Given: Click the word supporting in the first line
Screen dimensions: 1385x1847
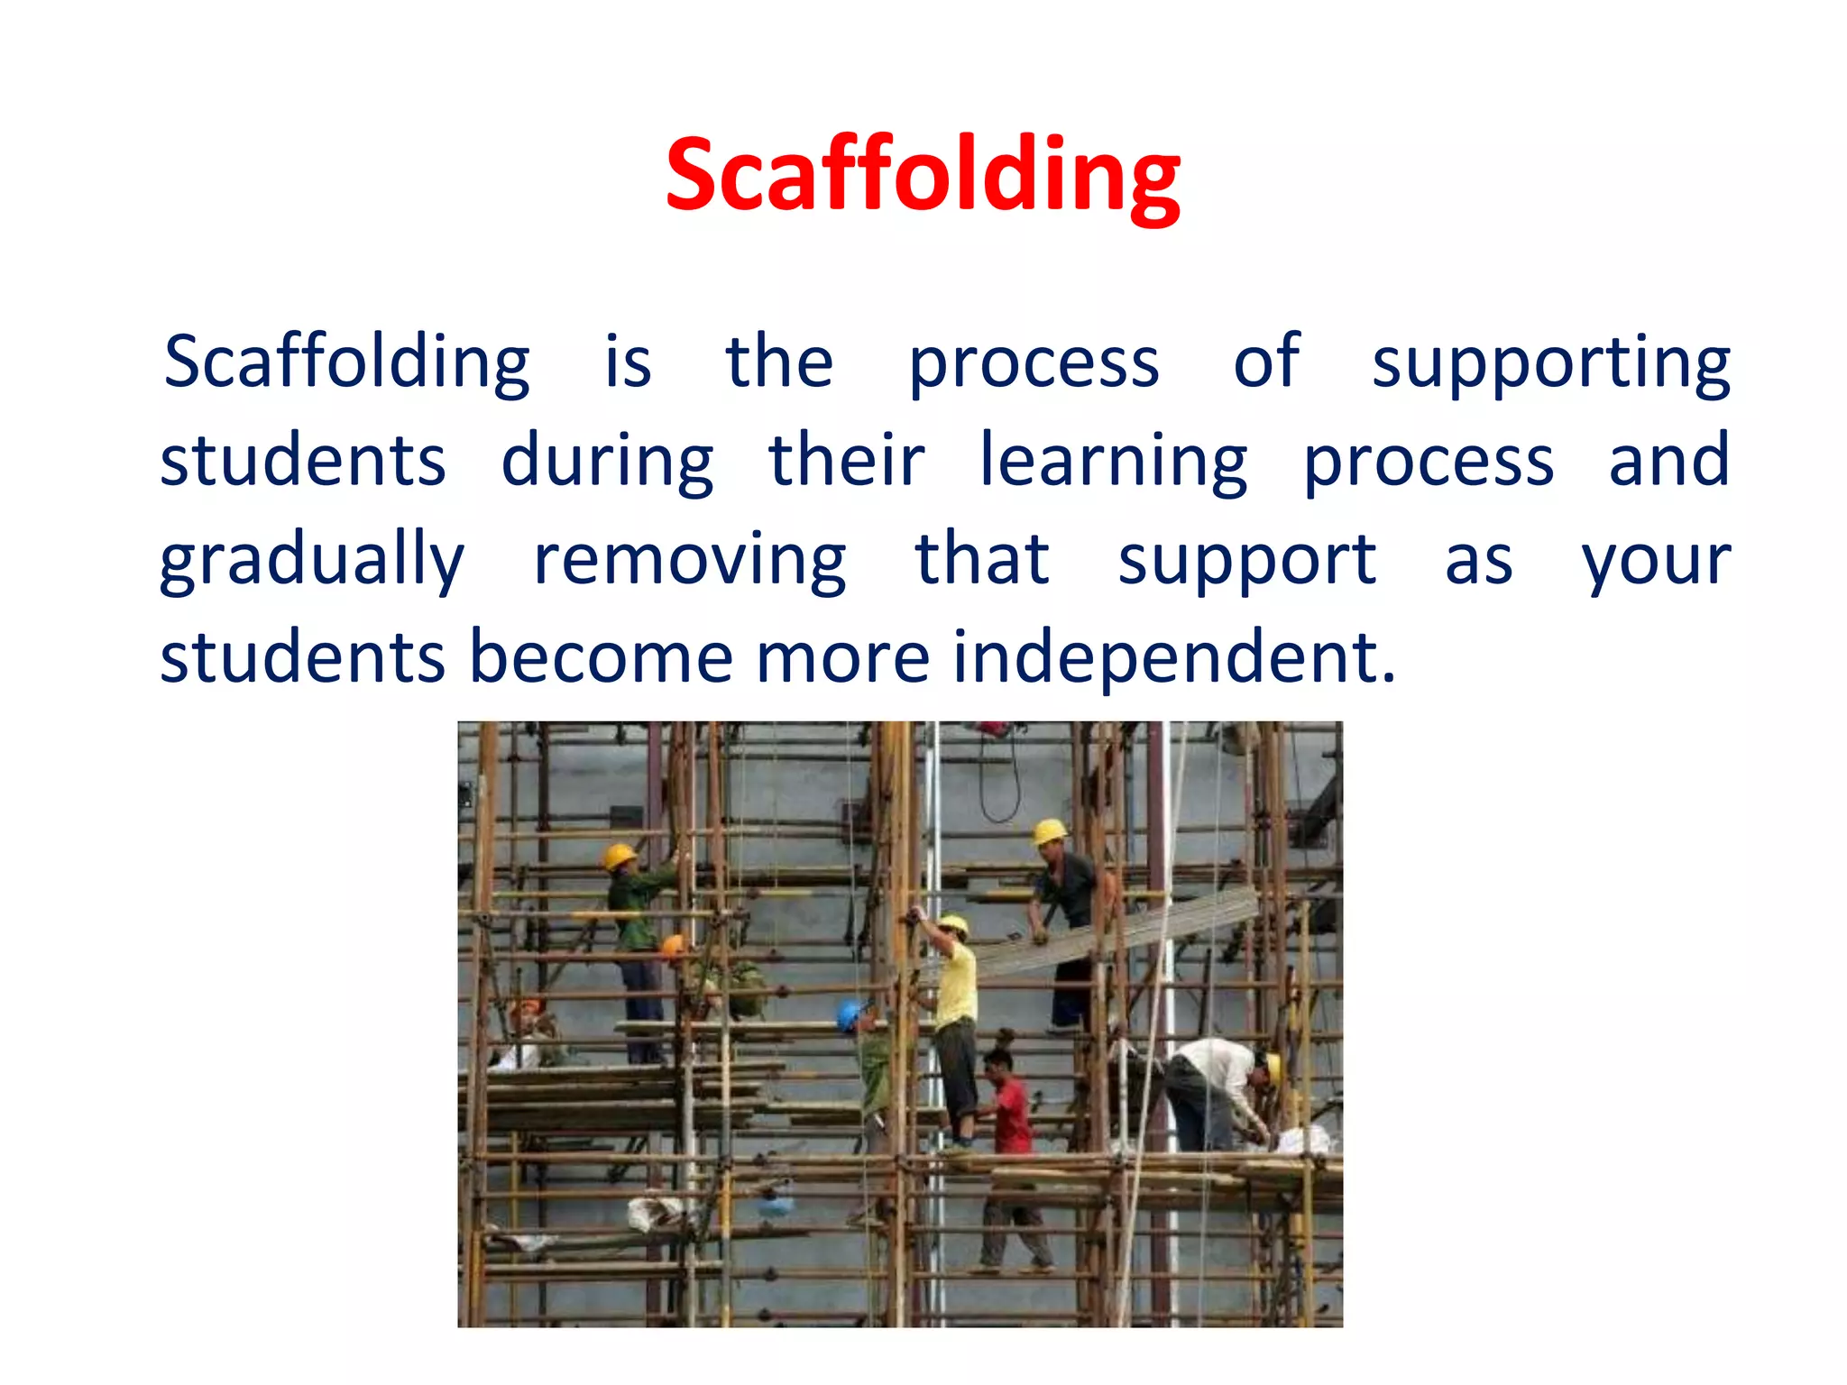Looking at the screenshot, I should (x=1550, y=363).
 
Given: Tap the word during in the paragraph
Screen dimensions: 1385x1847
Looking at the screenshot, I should (x=607, y=462).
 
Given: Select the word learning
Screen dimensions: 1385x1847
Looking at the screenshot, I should (x=1113, y=462).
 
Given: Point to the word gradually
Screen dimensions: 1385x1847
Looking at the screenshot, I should (x=312, y=561).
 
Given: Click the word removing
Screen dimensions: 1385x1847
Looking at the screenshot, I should (x=690, y=561).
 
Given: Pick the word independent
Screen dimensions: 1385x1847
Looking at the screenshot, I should (x=1173, y=658).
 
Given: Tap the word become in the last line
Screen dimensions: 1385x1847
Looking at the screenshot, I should (x=602, y=658).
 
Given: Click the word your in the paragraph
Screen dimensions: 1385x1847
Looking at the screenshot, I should (x=1656, y=561).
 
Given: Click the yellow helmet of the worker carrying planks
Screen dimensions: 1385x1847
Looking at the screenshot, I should (x=1048, y=830).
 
